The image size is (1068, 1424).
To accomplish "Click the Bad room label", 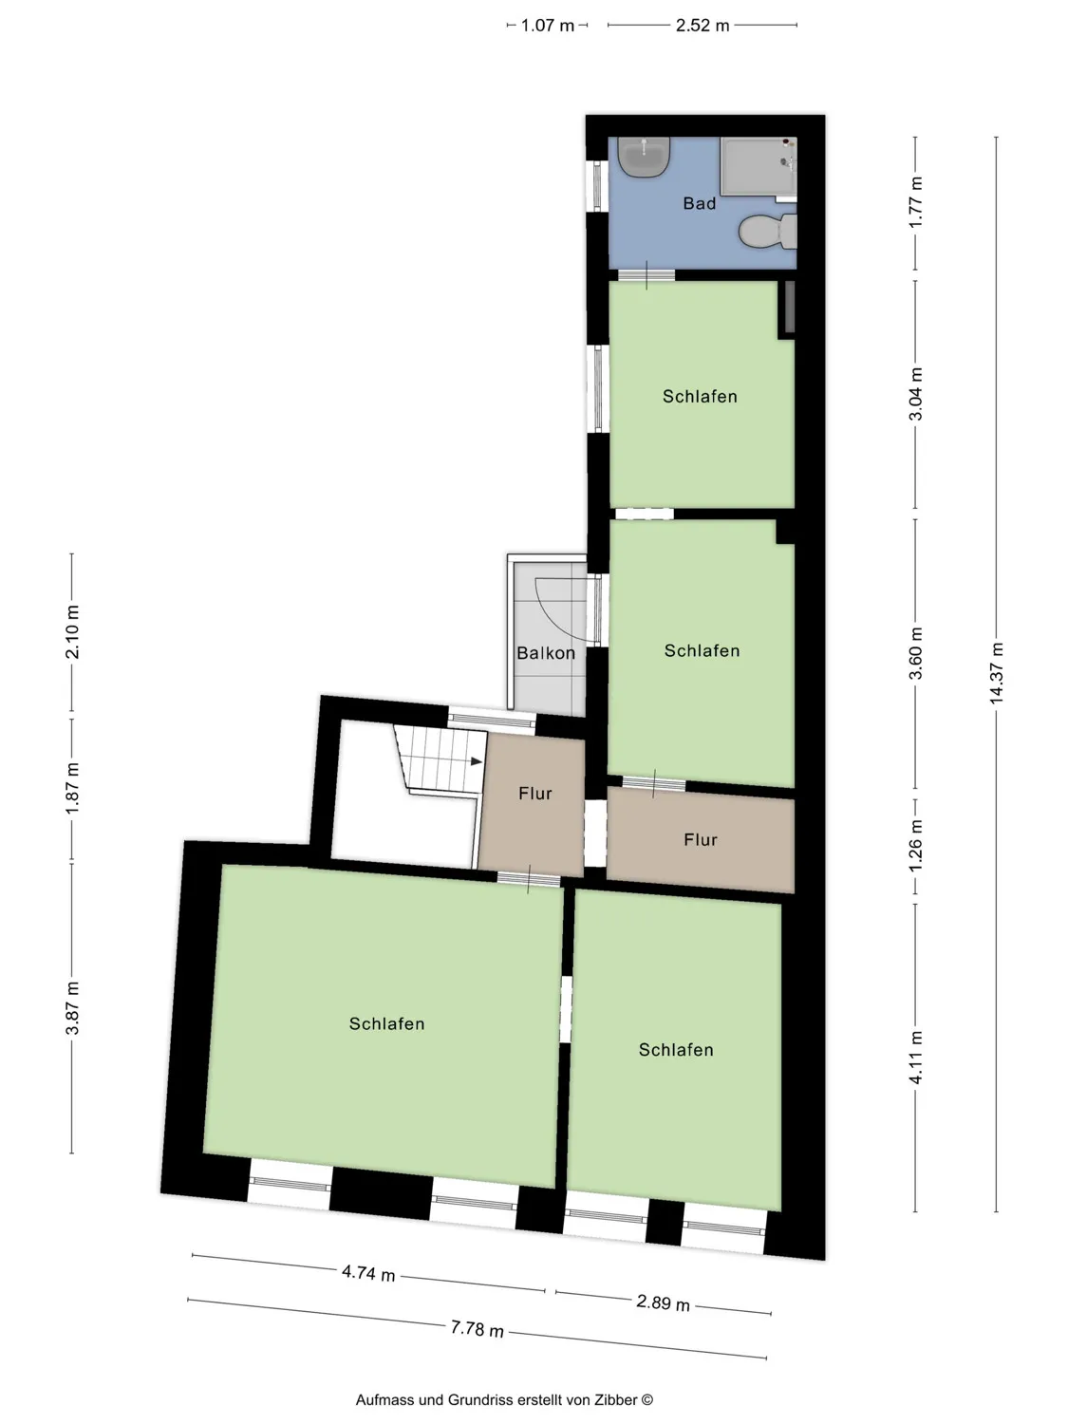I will [699, 203].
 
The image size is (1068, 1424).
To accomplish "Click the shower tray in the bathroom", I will [756, 165].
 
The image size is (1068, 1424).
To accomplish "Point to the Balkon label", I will [546, 653].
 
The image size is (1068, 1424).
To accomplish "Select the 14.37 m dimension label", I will [996, 673].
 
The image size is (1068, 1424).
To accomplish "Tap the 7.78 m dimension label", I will [477, 1329].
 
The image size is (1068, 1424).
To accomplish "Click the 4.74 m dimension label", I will [368, 1273].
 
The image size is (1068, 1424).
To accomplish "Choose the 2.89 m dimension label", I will [663, 1302].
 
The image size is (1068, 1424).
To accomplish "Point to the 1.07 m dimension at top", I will [548, 26].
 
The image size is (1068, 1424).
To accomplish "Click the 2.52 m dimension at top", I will [703, 26].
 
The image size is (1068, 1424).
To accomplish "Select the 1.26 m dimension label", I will [915, 847].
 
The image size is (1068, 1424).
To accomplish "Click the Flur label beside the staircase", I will [534, 794].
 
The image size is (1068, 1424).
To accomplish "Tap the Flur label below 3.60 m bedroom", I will [700, 839].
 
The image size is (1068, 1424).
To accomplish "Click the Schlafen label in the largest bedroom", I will [386, 1023].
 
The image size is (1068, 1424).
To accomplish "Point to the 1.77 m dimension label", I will [915, 202].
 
